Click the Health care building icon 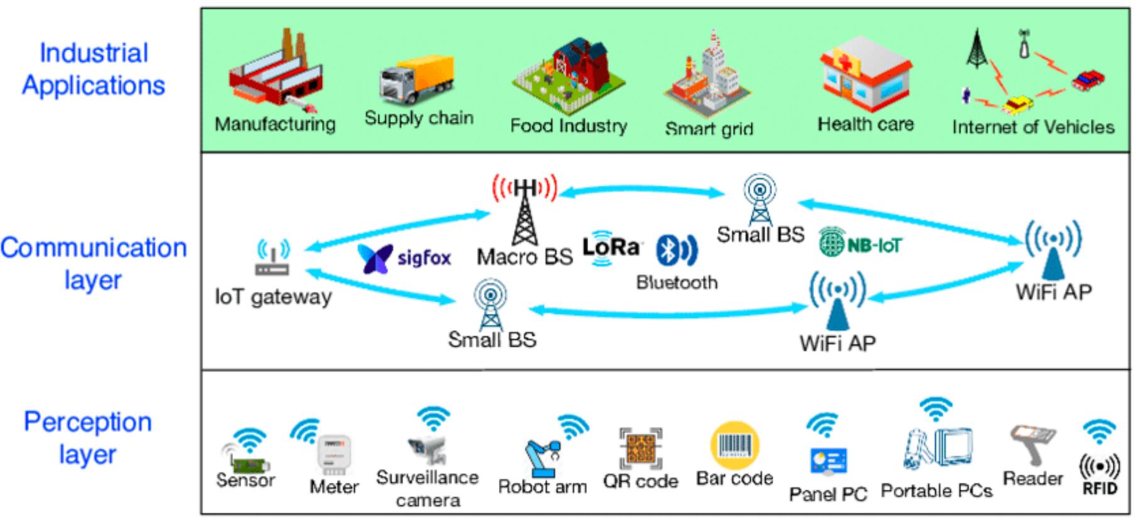tap(866, 75)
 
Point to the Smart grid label tap(709, 129)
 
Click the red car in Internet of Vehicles tap(1088, 80)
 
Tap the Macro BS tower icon tap(525, 210)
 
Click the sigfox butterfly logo tap(375, 258)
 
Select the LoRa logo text tap(610, 247)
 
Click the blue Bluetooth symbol tap(675, 250)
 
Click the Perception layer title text tap(88, 438)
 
